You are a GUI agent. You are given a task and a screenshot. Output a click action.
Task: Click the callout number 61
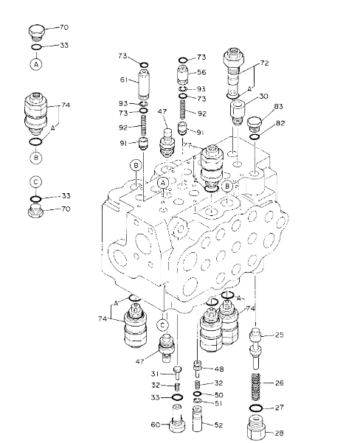124,80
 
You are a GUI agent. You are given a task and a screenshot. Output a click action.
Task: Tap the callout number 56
201,72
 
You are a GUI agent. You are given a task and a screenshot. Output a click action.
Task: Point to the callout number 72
264,63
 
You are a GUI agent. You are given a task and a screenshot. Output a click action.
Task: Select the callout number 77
187,145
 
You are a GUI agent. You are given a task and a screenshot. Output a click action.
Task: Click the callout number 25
279,335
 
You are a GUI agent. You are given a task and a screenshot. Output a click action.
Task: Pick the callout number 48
219,369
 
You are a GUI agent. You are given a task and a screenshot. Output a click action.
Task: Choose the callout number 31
154,374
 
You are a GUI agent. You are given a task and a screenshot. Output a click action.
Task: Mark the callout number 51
218,403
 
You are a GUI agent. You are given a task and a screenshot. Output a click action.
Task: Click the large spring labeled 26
255,386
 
